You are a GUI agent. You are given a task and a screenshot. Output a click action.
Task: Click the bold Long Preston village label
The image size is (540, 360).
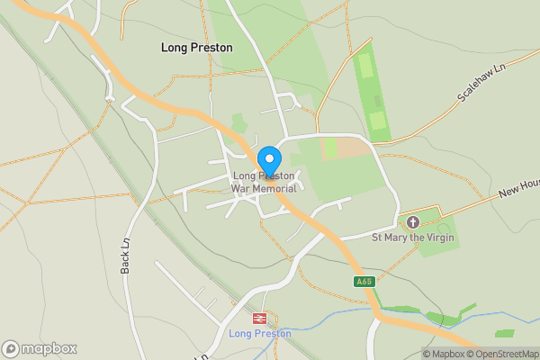pos(196,48)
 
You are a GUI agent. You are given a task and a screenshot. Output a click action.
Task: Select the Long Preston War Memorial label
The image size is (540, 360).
pos(264,182)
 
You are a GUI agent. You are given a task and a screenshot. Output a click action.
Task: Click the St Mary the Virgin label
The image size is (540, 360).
pos(413,238)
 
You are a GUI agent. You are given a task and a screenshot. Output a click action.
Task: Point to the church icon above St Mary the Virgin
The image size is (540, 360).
pos(413,222)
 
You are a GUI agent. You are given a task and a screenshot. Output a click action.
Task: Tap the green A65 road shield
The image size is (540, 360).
pos(364,282)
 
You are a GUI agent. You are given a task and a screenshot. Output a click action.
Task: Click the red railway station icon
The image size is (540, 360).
pos(260,319)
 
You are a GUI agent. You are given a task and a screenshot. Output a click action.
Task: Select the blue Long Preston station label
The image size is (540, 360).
pos(260,333)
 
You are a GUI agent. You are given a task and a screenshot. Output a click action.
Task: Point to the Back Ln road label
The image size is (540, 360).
pos(126,256)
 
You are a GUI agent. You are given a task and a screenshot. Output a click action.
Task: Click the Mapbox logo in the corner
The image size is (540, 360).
pos(39,348)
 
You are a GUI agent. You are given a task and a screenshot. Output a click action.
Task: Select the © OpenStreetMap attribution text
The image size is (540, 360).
pos(507,354)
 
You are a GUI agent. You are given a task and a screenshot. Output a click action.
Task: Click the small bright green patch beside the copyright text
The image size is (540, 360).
pos(504,334)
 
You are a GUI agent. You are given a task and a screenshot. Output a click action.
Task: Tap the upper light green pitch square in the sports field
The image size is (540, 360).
pos(365,66)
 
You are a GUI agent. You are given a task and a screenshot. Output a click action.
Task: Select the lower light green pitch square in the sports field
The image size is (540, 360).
pos(378,121)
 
